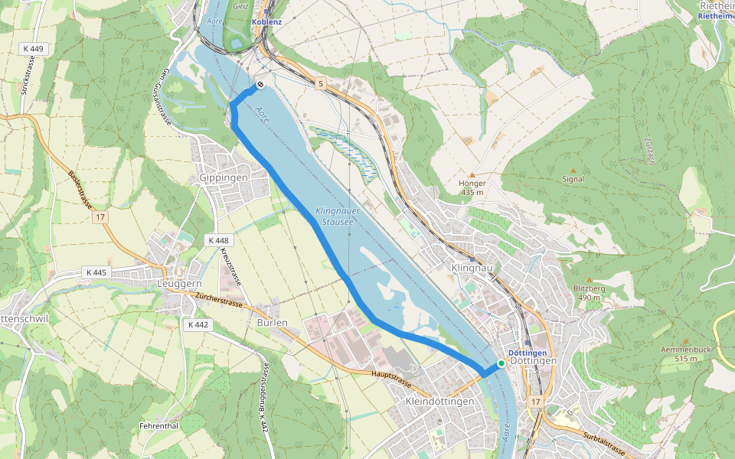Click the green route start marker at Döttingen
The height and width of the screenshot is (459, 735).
(x=501, y=363)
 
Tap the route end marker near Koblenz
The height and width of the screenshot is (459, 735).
(x=260, y=84)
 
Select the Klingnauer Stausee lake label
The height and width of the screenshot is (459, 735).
(x=335, y=216)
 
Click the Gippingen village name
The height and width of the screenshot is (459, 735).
(x=224, y=177)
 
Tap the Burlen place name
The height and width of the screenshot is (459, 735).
(x=273, y=322)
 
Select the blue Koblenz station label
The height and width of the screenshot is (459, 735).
(x=266, y=22)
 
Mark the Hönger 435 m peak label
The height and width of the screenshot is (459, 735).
(x=472, y=187)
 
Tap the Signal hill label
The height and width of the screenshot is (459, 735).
(x=573, y=179)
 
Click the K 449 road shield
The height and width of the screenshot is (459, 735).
(x=34, y=49)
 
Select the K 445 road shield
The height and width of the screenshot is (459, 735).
(x=96, y=272)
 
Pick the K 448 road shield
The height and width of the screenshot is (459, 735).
(x=217, y=240)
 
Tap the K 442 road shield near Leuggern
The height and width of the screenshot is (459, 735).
(x=197, y=324)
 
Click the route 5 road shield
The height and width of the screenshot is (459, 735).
(x=319, y=83)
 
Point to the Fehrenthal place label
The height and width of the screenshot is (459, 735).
(x=158, y=425)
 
